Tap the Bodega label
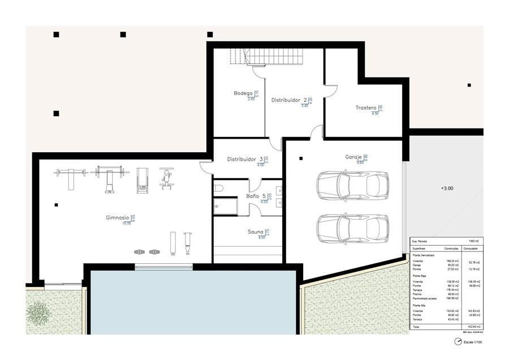pos(243,93)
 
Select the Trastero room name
pos(366,108)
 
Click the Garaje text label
pos(354,157)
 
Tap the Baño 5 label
pos(256,196)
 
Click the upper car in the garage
pos(352,185)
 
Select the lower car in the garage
pos(352,228)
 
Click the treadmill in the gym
pos(142,179)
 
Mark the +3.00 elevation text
pos(447,188)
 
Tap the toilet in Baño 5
pos(219,188)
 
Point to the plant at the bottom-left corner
pos(39,312)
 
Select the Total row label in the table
pos(417,327)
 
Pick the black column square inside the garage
pos(301,158)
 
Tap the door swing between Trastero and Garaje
pos(317,132)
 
